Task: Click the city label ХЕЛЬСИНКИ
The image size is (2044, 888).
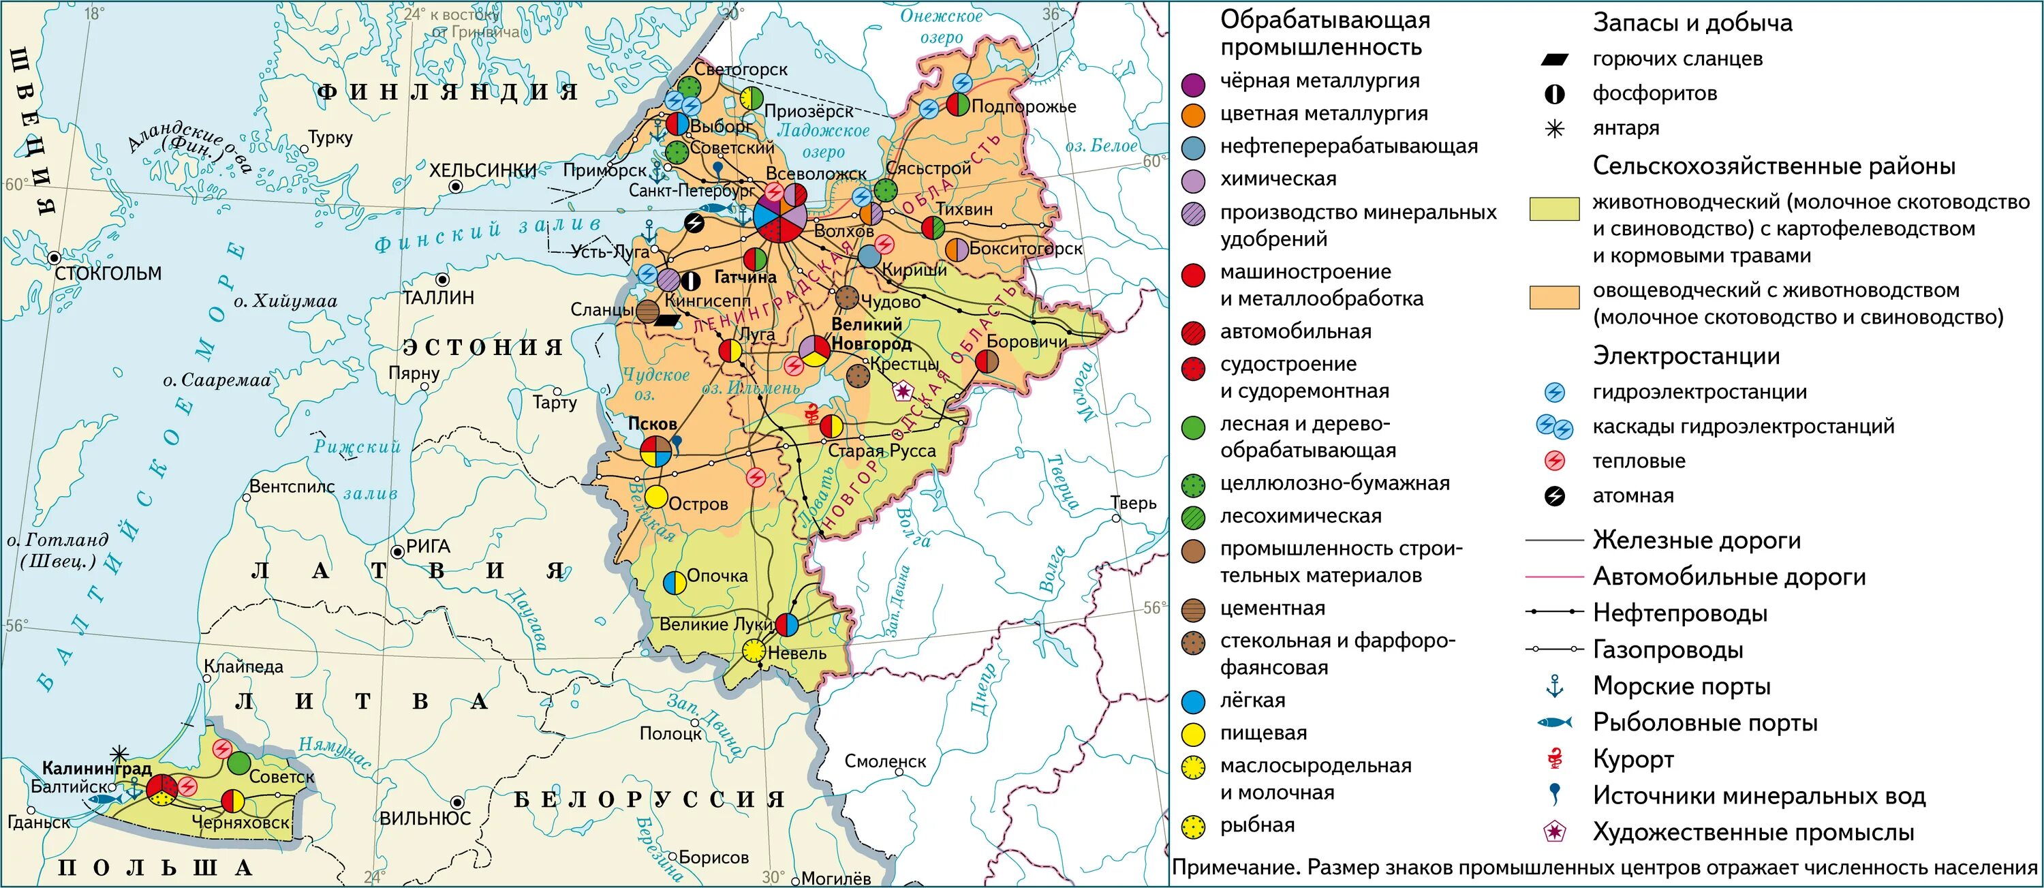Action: pyautogui.click(x=482, y=170)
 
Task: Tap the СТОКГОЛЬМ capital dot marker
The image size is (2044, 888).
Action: pyautogui.click(x=54, y=258)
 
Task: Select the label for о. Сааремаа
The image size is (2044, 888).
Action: pyautogui.click(x=217, y=381)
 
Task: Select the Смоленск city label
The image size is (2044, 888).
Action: pyautogui.click(x=885, y=761)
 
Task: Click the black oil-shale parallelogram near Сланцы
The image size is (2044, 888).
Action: pyautogui.click(x=667, y=320)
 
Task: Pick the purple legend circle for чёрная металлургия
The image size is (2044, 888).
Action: pyautogui.click(x=1194, y=82)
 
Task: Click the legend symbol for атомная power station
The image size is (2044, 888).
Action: pyautogui.click(x=1554, y=497)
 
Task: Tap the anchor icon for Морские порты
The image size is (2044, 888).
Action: pyautogui.click(x=1554, y=686)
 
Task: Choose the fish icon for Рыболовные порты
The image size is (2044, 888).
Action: pyautogui.click(x=1554, y=722)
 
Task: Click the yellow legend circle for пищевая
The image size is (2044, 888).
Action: pyautogui.click(x=1194, y=734)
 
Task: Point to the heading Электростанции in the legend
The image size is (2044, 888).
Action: pyautogui.click(x=1686, y=356)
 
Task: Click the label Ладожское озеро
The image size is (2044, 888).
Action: pyautogui.click(x=823, y=141)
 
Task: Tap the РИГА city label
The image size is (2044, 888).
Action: pyautogui.click(x=428, y=547)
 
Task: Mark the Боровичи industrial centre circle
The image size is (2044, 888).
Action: pyautogui.click(x=987, y=362)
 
